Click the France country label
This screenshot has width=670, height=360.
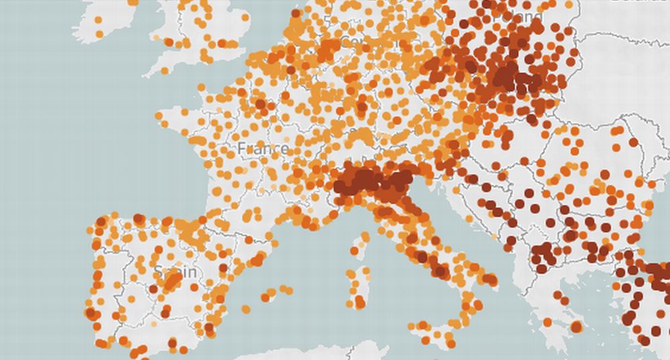coord(263,148)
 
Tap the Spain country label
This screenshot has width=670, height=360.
coord(176,272)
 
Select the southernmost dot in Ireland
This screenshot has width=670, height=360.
coord(99,34)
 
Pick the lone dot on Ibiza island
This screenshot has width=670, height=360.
coord(245,309)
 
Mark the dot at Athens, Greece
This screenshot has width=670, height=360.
coord(576,326)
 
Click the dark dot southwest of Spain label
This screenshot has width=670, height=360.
coord(153,289)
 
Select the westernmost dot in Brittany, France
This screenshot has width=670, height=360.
coord(159,115)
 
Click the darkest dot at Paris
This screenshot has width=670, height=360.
coord(260,105)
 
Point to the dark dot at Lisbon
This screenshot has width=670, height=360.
coord(90,313)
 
